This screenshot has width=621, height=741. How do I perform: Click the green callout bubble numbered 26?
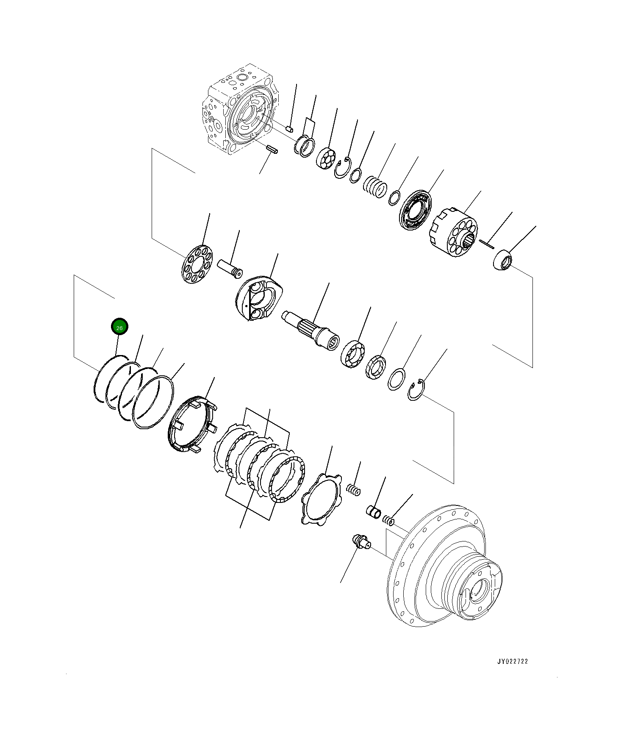[119, 327]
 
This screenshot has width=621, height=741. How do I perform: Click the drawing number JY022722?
[513, 661]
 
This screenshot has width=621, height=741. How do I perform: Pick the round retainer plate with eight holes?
[197, 264]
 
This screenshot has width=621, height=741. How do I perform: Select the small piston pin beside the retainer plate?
[230, 269]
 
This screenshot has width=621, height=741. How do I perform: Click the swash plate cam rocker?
[258, 298]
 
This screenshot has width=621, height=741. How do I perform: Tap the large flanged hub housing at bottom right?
[445, 568]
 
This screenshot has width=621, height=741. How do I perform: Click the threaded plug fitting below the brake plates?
[360, 542]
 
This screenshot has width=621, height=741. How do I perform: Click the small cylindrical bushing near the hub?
[374, 511]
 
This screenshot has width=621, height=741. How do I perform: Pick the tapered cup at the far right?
[503, 260]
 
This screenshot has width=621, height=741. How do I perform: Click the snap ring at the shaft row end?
[416, 390]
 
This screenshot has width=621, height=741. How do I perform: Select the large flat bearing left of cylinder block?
[416, 211]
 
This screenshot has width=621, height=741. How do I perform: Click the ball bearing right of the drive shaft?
[352, 354]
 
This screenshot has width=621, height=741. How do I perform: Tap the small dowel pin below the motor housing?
[272, 149]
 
